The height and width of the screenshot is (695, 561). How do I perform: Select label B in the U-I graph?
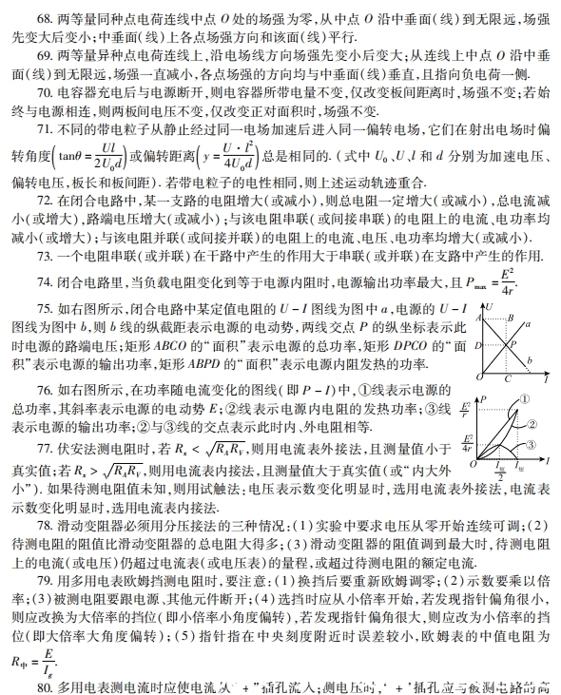pos(511,317)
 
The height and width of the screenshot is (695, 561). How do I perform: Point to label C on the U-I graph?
pos(509,376)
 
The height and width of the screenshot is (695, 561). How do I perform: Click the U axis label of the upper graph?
pos(489,308)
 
